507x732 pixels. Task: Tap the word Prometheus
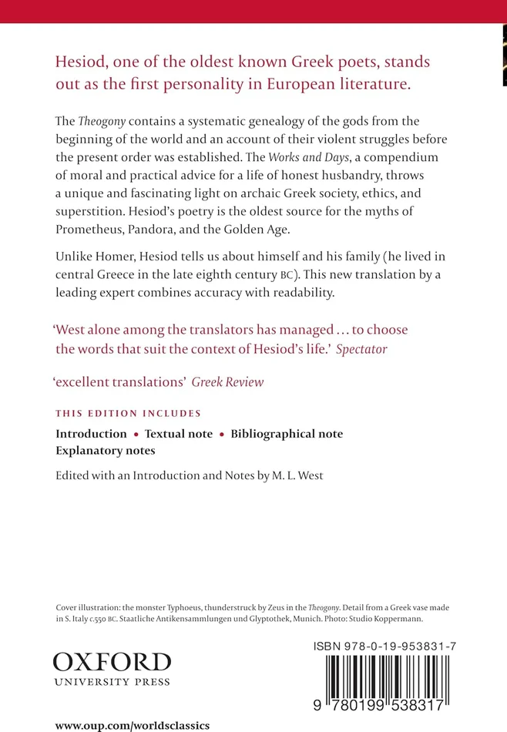click(x=92, y=229)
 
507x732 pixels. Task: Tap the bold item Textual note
click(x=179, y=434)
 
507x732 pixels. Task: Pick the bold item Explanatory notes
click(x=105, y=451)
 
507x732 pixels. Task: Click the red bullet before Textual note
click(x=136, y=435)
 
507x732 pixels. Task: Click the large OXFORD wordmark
click(x=112, y=662)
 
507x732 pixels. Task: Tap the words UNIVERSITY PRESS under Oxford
click(x=112, y=682)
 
